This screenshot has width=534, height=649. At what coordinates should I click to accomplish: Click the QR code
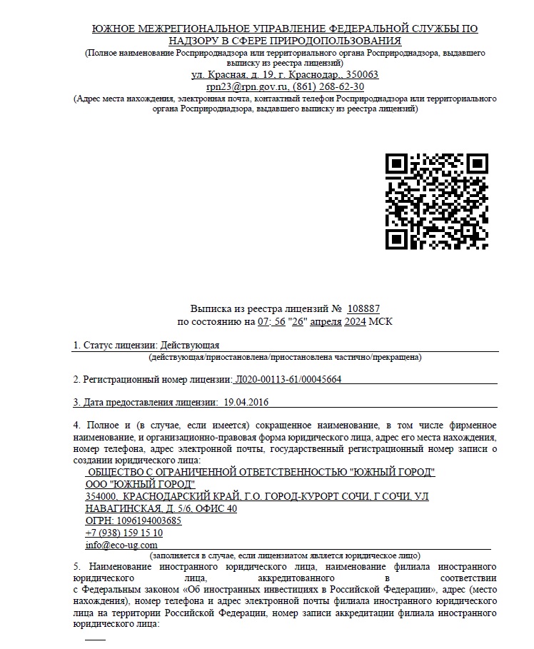click(436, 202)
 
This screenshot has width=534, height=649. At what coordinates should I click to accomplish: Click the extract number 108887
click(363, 309)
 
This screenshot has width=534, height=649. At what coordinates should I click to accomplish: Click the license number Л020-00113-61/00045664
click(288, 379)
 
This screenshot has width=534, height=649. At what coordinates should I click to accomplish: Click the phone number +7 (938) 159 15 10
click(124, 533)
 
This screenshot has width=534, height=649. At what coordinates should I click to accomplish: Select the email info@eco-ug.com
click(121, 545)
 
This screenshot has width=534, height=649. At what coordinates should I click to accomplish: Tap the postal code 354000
click(99, 496)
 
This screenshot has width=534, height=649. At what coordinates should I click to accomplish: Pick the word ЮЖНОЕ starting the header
click(114, 28)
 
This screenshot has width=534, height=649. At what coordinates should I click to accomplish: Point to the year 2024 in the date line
click(355, 322)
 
